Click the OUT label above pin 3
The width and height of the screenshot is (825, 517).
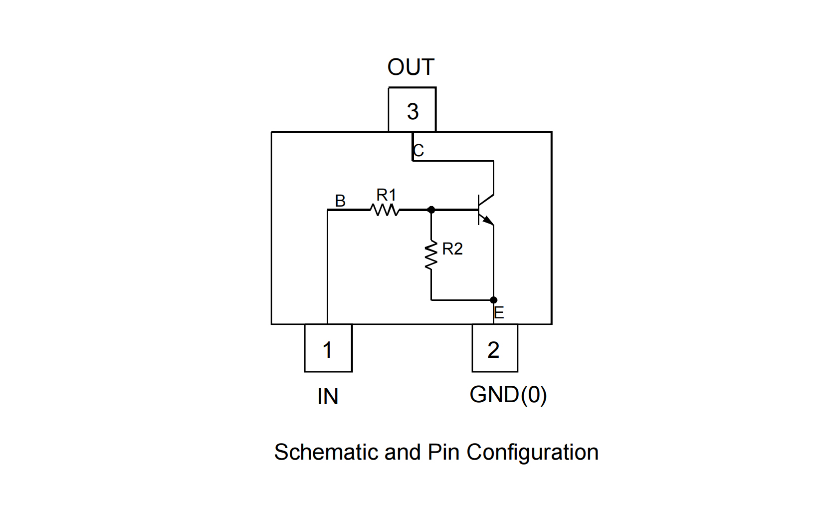(x=411, y=67)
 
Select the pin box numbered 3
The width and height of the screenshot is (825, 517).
(x=412, y=110)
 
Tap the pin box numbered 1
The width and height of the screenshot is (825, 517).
(x=328, y=348)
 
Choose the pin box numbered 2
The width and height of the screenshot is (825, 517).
(x=494, y=348)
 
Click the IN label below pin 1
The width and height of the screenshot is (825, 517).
(x=328, y=397)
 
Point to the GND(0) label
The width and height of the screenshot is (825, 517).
(x=508, y=395)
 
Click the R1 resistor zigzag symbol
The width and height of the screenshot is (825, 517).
(x=386, y=210)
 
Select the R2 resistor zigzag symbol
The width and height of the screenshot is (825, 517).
(x=431, y=256)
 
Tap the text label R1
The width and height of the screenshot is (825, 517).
(x=386, y=194)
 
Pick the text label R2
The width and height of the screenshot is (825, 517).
(x=452, y=249)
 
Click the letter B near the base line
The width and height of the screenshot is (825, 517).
(x=340, y=201)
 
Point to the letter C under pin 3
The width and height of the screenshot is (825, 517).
(x=418, y=150)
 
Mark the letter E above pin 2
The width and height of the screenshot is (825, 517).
(x=499, y=313)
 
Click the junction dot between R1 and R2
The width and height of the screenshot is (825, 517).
(x=431, y=210)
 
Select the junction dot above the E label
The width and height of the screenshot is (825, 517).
(x=493, y=300)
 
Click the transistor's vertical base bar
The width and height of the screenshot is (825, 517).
(x=479, y=210)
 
